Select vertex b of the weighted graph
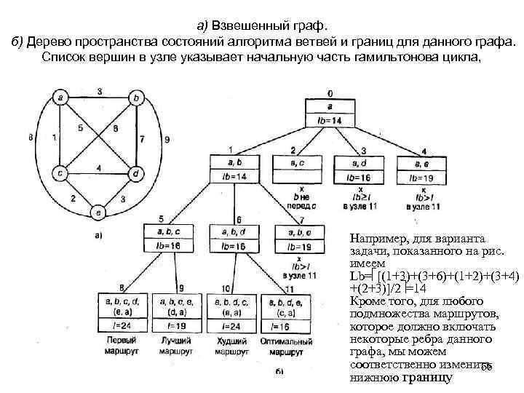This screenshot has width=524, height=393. (x=135, y=96)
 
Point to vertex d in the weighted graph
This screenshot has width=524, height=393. (x=135, y=173)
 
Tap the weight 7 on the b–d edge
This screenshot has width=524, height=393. (x=142, y=138)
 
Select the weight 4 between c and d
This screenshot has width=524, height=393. (x=99, y=168)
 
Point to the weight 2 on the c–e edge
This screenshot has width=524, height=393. (x=73, y=198)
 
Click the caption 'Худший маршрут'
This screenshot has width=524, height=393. (x=233, y=346)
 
